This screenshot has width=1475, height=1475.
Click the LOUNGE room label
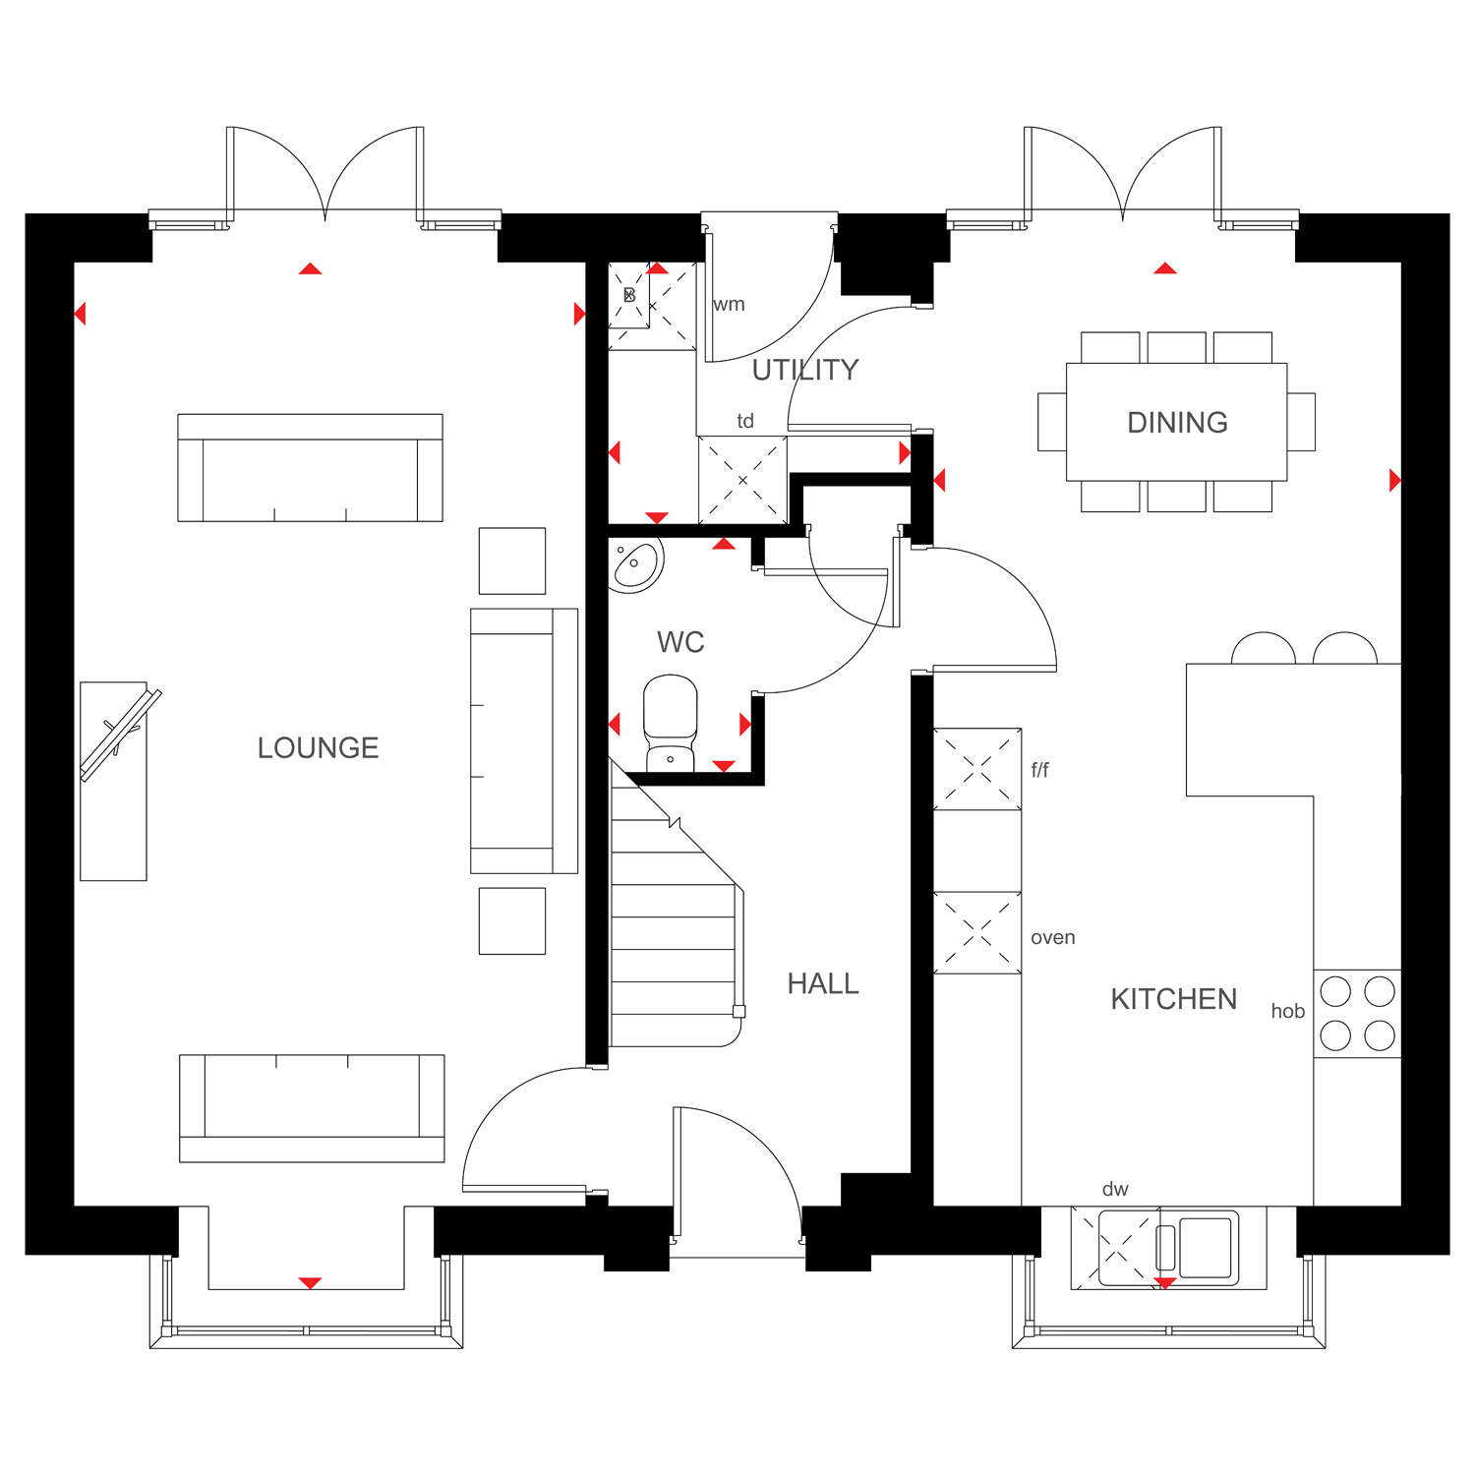tap(318, 748)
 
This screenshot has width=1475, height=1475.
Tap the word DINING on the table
tap(1177, 423)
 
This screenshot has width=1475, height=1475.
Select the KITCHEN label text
tap(1173, 999)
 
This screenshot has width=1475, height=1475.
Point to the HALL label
tap(823, 983)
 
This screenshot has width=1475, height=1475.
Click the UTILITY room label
tap(805, 370)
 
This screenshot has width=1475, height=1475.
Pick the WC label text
tap(680, 642)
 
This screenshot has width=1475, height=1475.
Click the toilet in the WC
tap(671, 724)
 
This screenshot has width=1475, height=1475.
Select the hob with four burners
tap(1357, 1014)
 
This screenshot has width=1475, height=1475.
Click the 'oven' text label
tap(1052, 938)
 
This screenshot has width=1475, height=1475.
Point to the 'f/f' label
tap(1039, 770)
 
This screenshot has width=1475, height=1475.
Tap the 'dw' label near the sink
tap(1115, 1189)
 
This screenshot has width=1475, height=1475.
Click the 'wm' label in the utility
tap(729, 305)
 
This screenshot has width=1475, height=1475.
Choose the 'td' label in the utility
tap(745, 421)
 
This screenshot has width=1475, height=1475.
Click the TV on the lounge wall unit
tap(120, 735)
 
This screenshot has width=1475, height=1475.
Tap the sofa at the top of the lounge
tap(310, 467)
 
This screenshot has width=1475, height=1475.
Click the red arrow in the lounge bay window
tap(310, 1282)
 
